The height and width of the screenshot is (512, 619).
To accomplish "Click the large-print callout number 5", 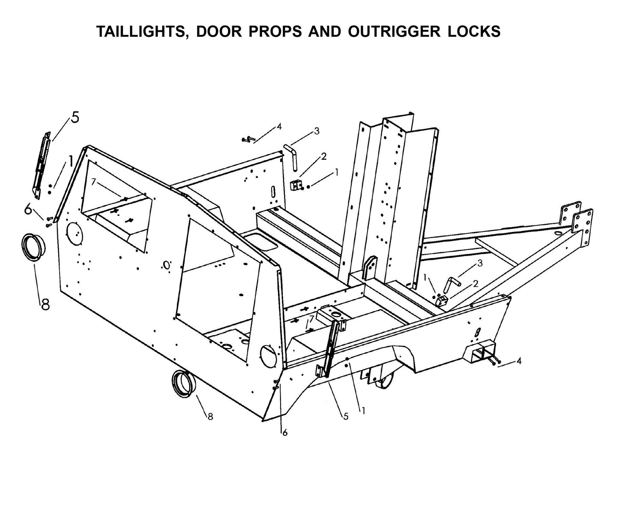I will [x=75, y=117].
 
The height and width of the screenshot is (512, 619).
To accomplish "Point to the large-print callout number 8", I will [x=45, y=304].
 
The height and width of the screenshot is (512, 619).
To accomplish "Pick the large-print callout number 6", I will [x=28, y=210].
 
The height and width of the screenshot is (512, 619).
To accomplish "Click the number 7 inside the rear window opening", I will [x=93, y=182].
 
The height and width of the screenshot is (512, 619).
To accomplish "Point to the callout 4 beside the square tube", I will [x=519, y=361].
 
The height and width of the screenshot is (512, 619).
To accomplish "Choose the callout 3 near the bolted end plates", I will [x=480, y=263].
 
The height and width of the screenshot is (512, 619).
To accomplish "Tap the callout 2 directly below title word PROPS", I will [x=323, y=156].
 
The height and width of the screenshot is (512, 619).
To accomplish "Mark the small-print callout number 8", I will [x=210, y=416].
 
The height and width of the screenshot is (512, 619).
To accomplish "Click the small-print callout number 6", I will [x=285, y=433].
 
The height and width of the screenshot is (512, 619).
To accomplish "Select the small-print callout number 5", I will [x=345, y=416].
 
